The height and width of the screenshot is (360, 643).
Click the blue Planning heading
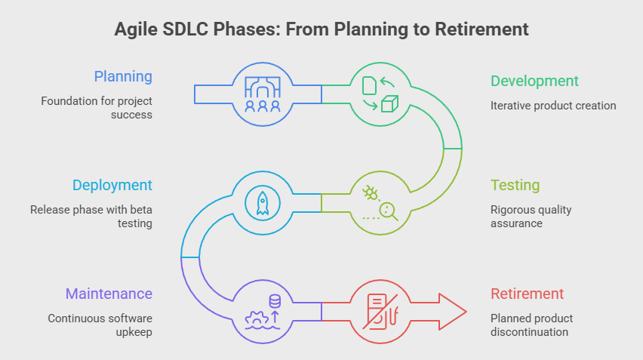click(x=123, y=76)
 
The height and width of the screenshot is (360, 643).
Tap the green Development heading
click(x=534, y=81)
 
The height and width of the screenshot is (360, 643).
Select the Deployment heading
click(x=112, y=185)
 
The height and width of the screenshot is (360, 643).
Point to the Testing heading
click(x=515, y=185)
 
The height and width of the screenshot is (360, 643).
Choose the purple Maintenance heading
click(x=109, y=294)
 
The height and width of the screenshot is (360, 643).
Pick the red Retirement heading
click(x=527, y=294)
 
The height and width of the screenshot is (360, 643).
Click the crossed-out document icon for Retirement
click(x=380, y=311)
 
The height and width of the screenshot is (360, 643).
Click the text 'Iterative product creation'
click(x=553, y=106)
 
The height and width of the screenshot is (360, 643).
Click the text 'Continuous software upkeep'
click(x=100, y=325)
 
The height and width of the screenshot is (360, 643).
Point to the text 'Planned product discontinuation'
click(x=531, y=325)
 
